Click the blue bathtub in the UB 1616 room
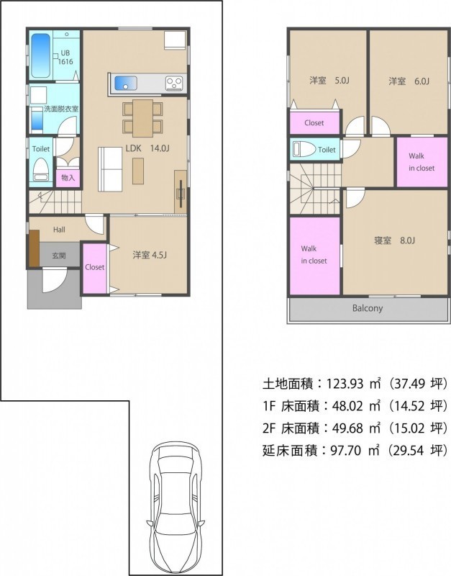tap(40, 56)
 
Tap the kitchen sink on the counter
tap(125, 83)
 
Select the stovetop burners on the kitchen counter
tap(174, 84)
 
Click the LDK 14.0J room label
tap(147, 148)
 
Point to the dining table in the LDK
tap(142, 118)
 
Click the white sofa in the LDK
tap(110, 169)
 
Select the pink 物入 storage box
tap(68, 178)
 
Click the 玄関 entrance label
tap(59, 256)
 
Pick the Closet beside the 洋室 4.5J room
tap(95, 268)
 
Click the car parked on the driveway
tap(176, 507)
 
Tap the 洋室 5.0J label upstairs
tap(329, 81)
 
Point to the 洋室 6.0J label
tap(409, 81)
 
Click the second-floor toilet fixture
tap(304, 150)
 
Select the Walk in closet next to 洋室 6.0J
tap(422, 162)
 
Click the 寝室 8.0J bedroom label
tap(394, 240)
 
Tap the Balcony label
tap(368, 308)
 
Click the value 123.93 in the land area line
tap(345, 384)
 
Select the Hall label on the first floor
tap(59, 230)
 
